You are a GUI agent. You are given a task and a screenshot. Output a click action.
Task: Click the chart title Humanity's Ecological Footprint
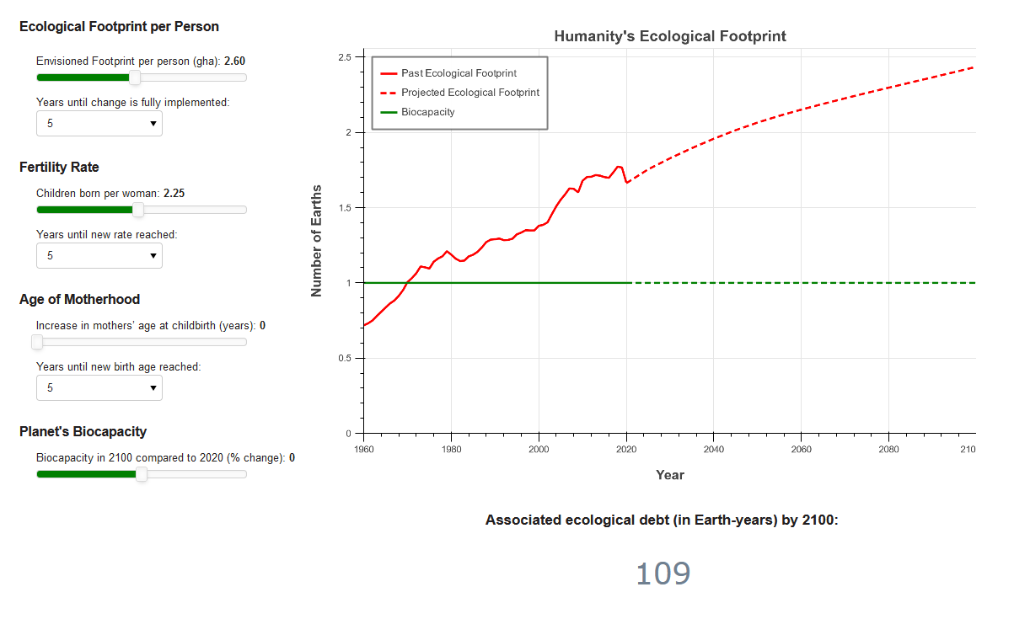point(670,36)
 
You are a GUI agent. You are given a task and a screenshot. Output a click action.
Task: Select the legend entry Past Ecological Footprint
point(459,73)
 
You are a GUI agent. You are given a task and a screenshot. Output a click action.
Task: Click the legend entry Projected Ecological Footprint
point(469,93)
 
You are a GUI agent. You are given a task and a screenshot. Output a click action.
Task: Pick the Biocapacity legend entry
point(427,112)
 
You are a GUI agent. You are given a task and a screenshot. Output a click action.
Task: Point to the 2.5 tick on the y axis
point(345,57)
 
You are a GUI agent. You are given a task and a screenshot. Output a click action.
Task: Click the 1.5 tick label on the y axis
point(345,208)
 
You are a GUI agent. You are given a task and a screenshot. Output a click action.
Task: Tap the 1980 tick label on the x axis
point(451,449)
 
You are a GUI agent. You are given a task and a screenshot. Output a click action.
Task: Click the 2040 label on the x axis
point(714,449)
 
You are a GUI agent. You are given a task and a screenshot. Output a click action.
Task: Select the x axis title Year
point(670,475)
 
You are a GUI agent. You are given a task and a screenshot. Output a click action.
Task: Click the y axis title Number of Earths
point(317,240)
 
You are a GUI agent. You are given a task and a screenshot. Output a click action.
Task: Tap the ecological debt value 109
point(663,574)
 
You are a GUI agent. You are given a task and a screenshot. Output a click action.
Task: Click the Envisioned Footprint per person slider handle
point(134,77)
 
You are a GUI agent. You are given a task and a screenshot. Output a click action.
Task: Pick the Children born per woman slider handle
point(138,210)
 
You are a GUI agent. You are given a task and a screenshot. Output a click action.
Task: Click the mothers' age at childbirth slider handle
point(37,342)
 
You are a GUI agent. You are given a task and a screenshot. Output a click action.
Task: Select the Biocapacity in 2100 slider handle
point(142,474)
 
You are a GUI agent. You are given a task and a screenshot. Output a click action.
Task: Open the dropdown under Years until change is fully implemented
point(99,123)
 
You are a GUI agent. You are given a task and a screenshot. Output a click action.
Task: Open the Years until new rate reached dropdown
point(99,255)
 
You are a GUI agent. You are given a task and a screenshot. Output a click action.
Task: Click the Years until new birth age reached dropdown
point(99,387)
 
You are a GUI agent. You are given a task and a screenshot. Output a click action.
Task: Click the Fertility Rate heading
point(59,168)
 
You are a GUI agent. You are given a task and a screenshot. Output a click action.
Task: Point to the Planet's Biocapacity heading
point(83,432)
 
